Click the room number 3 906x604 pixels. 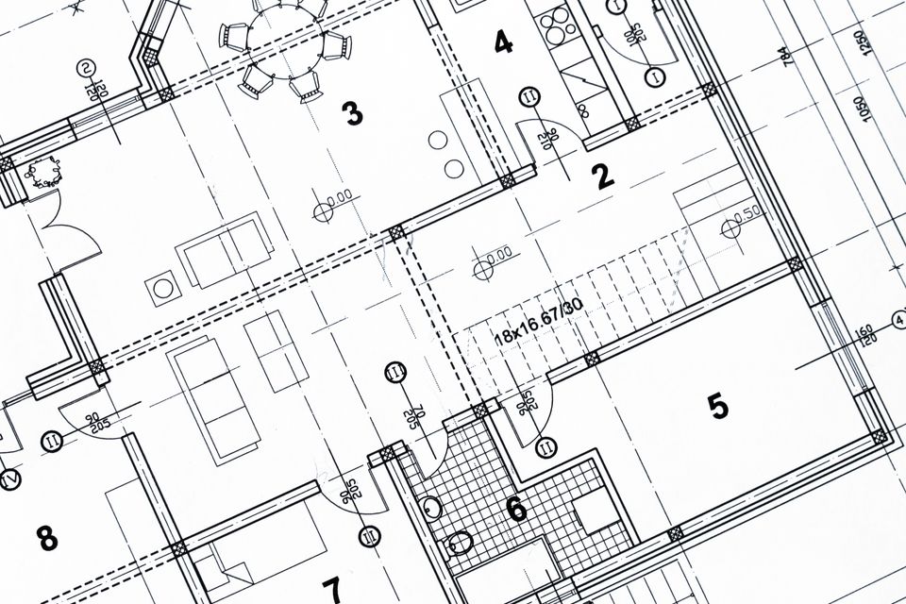click(352, 114)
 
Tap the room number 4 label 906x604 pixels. click(503, 42)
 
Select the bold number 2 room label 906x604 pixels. click(602, 176)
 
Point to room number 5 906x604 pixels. click(718, 407)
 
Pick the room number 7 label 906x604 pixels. click(331, 590)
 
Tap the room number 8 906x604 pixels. click(46, 539)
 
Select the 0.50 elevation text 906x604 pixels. click(747, 212)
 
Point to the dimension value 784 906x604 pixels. click(785, 58)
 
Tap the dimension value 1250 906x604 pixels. click(860, 43)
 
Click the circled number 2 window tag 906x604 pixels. click(86, 67)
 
